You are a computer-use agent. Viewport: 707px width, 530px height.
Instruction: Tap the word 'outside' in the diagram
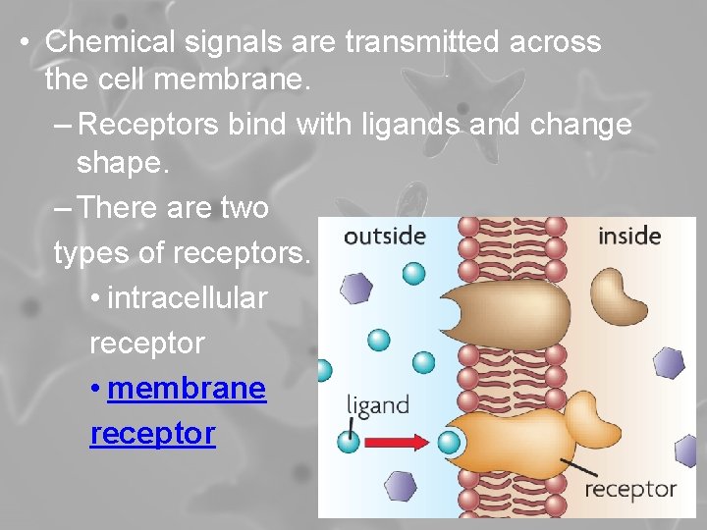(384, 236)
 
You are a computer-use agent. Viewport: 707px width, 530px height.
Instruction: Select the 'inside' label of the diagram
(628, 236)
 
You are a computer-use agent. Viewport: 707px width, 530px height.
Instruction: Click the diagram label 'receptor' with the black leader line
(630, 488)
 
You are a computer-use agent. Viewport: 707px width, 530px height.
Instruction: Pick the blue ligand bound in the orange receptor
(450, 441)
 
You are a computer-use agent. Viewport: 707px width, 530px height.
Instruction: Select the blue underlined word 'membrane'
(187, 388)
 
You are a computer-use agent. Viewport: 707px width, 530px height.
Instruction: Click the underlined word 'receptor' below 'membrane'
(152, 433)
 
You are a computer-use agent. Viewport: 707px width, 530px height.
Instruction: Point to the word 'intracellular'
(187, 297)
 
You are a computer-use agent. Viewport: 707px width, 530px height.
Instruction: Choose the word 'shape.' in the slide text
(124, 164)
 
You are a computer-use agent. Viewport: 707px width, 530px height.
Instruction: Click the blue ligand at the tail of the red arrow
(349, 441)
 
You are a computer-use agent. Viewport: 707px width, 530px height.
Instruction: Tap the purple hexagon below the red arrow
(399, 484)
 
